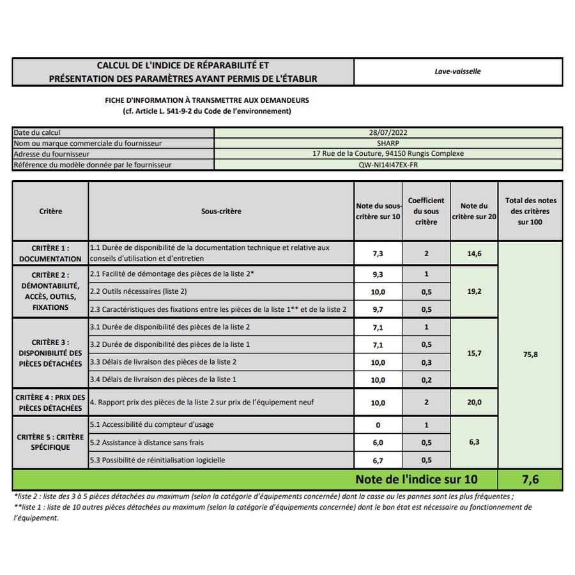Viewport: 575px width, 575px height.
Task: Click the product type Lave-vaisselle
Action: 457,72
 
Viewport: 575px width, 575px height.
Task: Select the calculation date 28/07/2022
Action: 388,132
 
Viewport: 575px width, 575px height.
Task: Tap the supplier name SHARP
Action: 388,143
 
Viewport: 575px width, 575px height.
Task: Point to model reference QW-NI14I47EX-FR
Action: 388,165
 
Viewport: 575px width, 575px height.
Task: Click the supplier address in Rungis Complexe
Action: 388,154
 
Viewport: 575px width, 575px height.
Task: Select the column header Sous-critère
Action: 221,211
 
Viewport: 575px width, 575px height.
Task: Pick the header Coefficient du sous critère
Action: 426,211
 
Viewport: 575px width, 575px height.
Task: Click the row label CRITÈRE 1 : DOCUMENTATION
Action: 50,253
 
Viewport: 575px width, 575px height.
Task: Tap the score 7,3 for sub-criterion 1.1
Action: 378,254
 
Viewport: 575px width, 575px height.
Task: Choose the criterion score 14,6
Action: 474,254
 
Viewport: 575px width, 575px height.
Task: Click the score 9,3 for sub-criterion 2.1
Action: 378,274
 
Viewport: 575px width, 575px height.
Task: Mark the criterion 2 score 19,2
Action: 474,291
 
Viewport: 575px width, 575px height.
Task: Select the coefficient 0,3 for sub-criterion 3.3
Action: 426,362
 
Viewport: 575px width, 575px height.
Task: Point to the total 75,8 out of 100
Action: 530,354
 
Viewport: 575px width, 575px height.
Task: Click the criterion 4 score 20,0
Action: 474,402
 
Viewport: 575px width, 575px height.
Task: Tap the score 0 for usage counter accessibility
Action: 378,425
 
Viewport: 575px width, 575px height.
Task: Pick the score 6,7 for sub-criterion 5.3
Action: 378,460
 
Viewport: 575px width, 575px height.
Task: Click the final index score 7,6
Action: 530,479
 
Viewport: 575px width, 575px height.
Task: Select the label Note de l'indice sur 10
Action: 416,479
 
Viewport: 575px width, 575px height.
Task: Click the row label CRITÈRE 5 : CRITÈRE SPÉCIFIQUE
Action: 50,442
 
